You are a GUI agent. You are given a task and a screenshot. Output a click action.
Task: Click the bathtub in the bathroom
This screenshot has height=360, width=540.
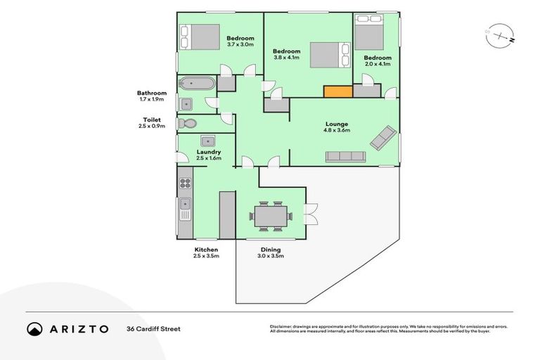(196, 84)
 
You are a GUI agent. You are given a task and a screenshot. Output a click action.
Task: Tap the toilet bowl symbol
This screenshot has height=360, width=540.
(187, 123)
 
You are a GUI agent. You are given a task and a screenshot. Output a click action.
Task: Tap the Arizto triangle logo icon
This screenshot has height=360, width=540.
(34, 328)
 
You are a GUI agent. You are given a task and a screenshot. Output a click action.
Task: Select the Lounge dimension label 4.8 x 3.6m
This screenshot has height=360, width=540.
(337, 130)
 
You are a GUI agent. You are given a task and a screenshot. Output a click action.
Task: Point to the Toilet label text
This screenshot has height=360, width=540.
(153, 120)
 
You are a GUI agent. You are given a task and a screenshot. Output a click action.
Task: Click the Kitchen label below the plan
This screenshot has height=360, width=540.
(206, 250)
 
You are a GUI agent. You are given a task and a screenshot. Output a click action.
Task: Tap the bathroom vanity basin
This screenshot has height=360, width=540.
(186, 105)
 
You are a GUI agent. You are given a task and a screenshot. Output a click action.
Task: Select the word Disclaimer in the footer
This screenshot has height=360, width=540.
(283, 326)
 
